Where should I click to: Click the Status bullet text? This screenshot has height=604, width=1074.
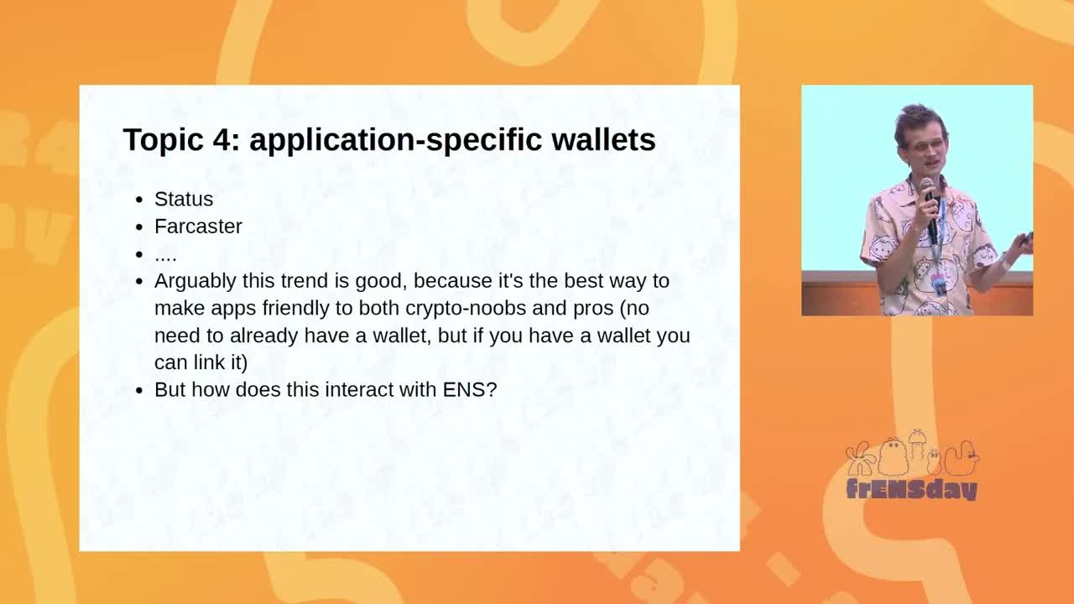pos(184,199)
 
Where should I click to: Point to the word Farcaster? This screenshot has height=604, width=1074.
pos(198,226)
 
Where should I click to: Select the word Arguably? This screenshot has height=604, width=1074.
pos(196,282)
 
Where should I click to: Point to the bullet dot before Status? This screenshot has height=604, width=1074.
pos(139,200)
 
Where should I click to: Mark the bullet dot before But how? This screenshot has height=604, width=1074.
pos(139,391)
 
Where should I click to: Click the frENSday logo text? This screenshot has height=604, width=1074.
pos(911,489)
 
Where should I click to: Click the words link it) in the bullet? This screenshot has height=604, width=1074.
pos(221,362)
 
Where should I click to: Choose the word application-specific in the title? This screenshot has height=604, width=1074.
pos(395,141)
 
